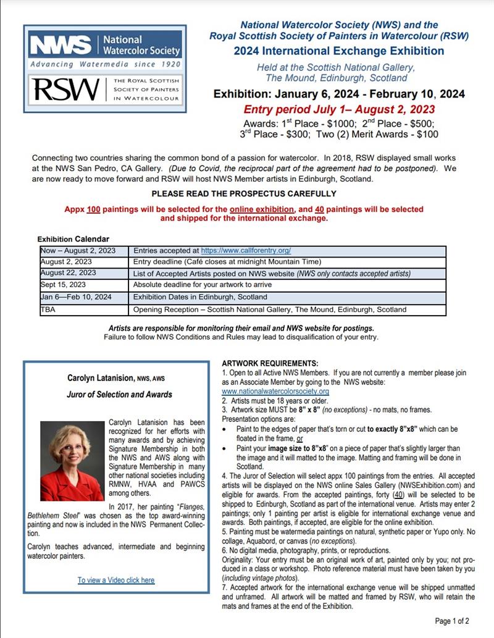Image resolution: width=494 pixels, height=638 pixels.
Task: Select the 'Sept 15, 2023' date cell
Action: pos(64,285)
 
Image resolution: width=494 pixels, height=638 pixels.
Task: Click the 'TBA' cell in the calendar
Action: pos(48,309)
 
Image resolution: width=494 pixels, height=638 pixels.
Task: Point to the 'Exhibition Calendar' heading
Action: pos(73,238)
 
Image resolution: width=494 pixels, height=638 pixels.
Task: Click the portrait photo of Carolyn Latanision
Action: pos(72,460)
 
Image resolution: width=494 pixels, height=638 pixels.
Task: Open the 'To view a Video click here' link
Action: pos(116,580)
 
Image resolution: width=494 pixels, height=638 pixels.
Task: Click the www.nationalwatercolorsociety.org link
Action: pos(275,392)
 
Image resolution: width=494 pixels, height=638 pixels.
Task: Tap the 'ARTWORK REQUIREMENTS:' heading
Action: pos(270,363)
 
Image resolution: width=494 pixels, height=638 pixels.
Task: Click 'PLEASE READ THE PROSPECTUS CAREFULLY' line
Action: pos(244,193)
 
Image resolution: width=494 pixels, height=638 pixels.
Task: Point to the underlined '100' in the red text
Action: pos(93,209)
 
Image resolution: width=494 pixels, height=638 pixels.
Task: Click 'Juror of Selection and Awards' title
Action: pos(120,394)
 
